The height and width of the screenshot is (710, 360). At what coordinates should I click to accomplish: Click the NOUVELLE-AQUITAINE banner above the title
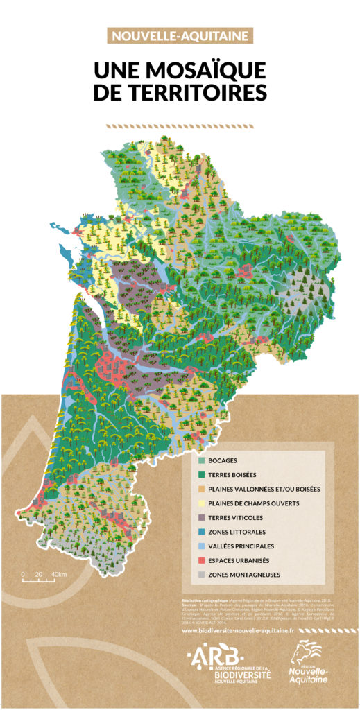pyautogui.click(x=180, y=36)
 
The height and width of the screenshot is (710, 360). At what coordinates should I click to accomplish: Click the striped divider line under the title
pyautogui.click(x=180, y=127)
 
